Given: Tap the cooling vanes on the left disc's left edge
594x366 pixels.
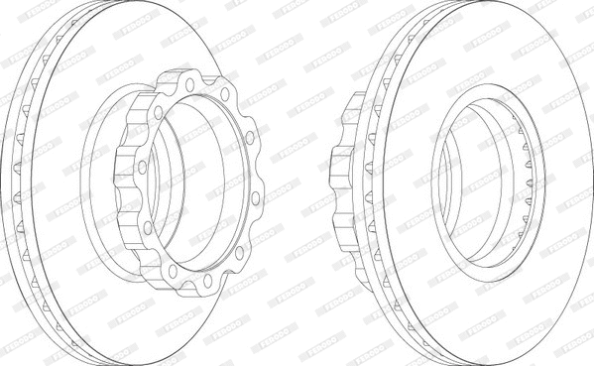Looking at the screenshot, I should tap(20, 183).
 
